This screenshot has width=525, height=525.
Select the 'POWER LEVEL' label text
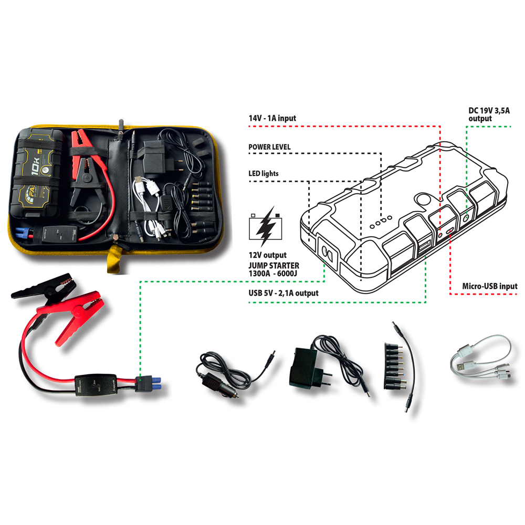(269, 146)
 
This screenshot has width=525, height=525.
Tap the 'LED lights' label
(264, 173)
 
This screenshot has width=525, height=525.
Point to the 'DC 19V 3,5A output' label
(488, 114)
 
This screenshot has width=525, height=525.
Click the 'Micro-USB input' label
(490, 286)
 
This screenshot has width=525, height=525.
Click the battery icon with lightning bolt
(268, 225)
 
